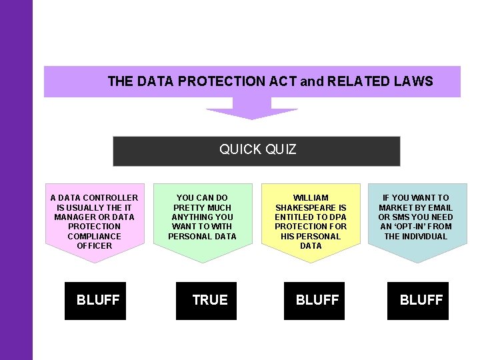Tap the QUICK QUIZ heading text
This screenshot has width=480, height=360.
[257, 150]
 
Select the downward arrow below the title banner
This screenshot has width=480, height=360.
[251, 109]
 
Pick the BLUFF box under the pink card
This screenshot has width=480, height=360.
[96, 301]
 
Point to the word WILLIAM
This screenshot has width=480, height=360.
[311, 198]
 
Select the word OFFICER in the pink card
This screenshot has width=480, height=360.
[95, 246]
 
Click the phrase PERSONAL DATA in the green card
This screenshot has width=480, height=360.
[202, 236]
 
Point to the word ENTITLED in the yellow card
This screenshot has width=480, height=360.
[296, 217]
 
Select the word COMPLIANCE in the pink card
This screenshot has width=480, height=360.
[95, 236]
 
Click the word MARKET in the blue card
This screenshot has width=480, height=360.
[397, 207]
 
